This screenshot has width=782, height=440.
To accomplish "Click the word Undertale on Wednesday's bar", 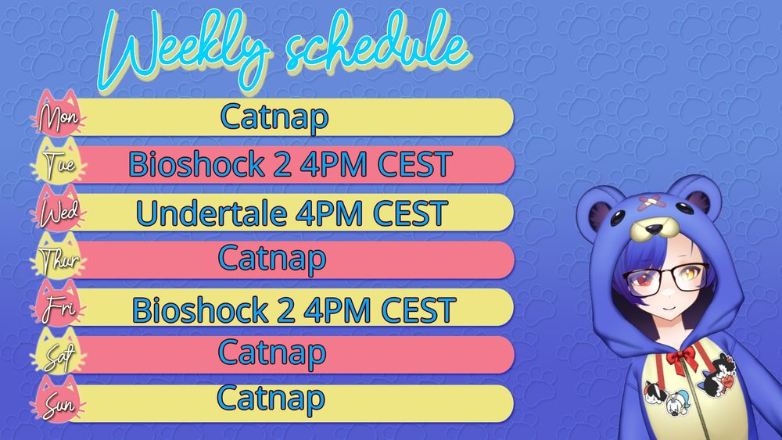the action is click(x=211, y=213).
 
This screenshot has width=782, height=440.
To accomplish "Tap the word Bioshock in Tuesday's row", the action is click(x=196, y=164).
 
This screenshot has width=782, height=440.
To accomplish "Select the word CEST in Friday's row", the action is click(x=418, y=310).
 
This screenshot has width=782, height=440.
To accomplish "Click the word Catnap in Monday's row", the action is click(x=274, y=118).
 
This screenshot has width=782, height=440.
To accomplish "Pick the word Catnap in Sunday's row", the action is click(x=271, y=399).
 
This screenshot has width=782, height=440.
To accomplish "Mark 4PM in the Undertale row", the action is click(x=329, y=213).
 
